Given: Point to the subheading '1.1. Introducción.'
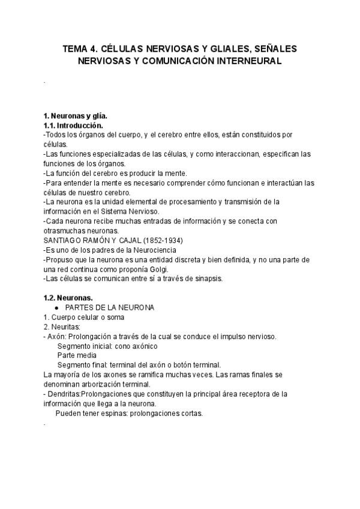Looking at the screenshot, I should [73, 125].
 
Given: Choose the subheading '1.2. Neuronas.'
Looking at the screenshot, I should [67, 298].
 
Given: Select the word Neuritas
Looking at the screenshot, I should [65, 327].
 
